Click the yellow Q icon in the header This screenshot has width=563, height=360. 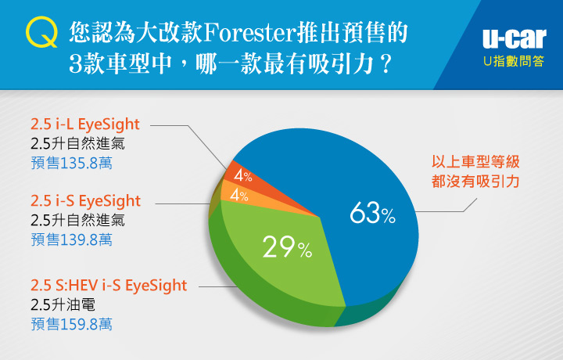[x=41, y=31]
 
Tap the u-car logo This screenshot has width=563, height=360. [x=515, y=38]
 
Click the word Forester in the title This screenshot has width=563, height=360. [x=250, y=33]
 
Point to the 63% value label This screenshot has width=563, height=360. [x=372, y=213]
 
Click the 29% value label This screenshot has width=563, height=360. [x=287, y=247]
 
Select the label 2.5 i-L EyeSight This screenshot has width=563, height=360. [x=85, y=124]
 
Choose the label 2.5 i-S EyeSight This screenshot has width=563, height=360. [x=85, y=201]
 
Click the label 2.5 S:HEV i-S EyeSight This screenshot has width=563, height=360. [x=109, y=286]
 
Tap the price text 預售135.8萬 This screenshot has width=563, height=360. [x=71, y=163]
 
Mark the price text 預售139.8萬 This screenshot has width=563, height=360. [x=71, y=239]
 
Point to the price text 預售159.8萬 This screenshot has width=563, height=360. [x=71, y=324]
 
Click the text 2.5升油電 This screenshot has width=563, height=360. [x=63, y=304]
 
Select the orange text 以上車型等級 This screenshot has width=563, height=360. [x=475, y=162]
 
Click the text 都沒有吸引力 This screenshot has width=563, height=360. [x=475, y=182]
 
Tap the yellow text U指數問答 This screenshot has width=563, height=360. [x=514, y=61]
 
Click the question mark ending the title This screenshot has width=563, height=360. [x=386, y=64]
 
